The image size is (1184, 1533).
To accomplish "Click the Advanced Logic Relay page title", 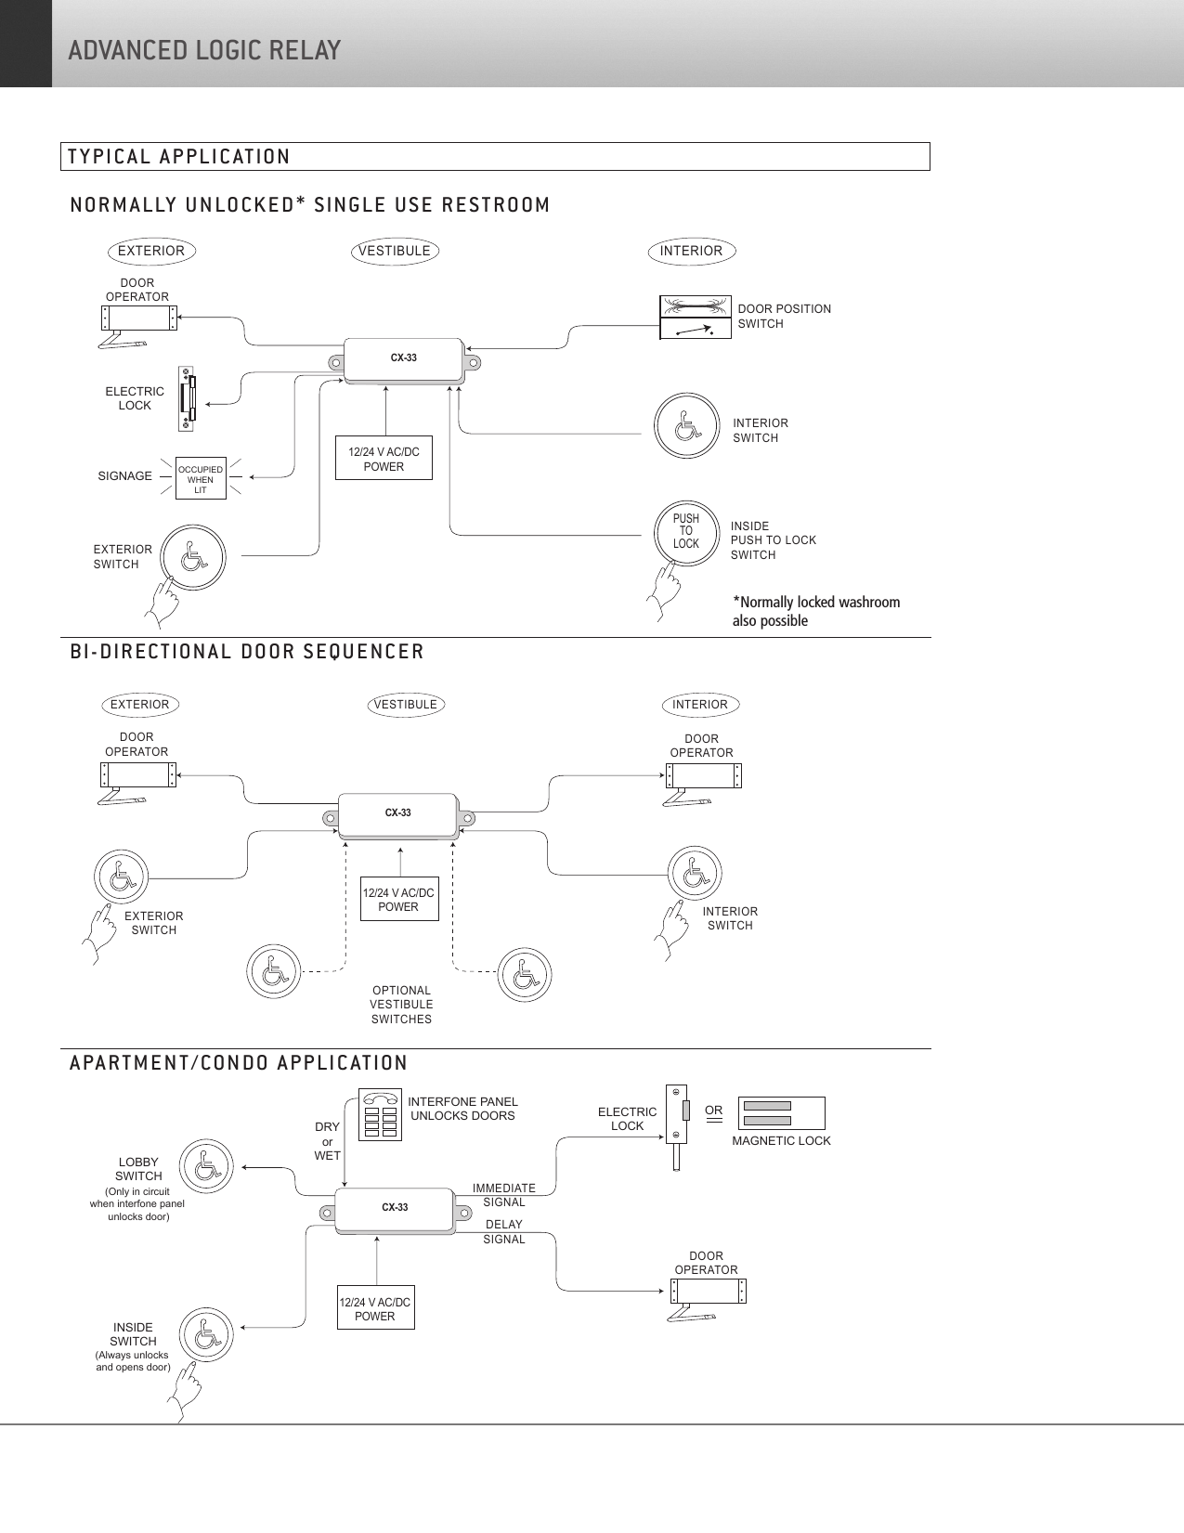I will pos(204,50).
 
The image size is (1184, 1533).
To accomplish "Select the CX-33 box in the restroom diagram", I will pos(403,359).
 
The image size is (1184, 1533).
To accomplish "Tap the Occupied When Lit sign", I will pos(201,479).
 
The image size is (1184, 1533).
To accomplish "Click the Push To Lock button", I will pos(686,532).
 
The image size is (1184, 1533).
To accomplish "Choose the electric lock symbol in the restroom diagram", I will pos(188,399).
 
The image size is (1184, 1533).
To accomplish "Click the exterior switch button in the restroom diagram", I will pos(193,558).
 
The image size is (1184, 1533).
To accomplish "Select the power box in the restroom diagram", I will pos(384,459).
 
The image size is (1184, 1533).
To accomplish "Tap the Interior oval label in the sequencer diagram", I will pos(700,705).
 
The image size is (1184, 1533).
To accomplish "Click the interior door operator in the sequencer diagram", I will pos(703,776).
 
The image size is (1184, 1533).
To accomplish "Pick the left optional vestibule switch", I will pos(274,971).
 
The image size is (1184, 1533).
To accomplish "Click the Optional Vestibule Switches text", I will pos(401,1005).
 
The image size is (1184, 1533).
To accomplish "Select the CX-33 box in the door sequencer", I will pos(397,814).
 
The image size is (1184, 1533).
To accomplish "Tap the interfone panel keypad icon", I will pos(381,1115).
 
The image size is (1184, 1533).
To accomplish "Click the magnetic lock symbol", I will pos(781,1113).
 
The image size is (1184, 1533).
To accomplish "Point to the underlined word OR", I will pos(713,1111).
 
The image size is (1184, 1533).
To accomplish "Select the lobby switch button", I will pos(207,1167).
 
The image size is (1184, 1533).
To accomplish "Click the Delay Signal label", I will pos(504,1232).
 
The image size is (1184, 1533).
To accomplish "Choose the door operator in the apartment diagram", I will pos(708,1292).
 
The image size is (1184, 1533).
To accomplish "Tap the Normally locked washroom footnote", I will pos(815,611).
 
